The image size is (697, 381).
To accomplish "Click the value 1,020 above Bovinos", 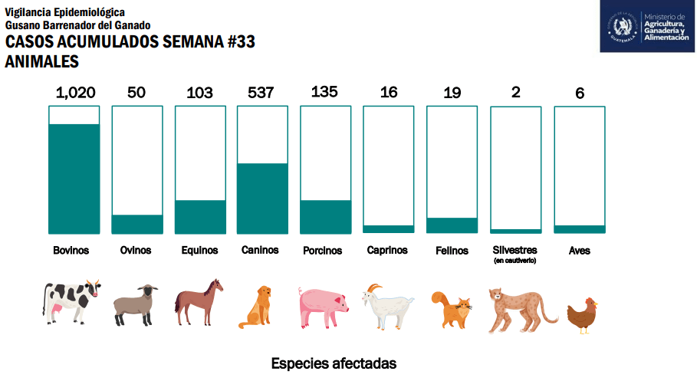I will click(x=75, y=93).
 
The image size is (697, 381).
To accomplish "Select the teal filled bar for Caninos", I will click(x=262, y=198).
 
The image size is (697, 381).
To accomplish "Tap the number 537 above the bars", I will click(x=261, y=93).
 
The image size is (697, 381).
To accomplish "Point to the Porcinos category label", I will click(x=322, y=251).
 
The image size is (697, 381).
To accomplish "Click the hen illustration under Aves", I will click(x=582, y=314).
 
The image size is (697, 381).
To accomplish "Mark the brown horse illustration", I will click(x=199, y=302).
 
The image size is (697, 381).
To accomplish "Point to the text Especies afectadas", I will click(x=334, y=363).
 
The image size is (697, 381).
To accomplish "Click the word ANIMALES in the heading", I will click(x=42, y=61).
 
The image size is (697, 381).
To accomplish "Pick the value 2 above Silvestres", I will click(x=515, y=93).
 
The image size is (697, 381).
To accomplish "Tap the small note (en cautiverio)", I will click(x=515, y=261).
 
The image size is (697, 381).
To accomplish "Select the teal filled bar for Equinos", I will click(x=200, y=216).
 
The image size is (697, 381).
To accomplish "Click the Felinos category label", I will click(x=452, y=251).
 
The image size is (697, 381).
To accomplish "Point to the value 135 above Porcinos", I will click(x=324, y=92).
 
